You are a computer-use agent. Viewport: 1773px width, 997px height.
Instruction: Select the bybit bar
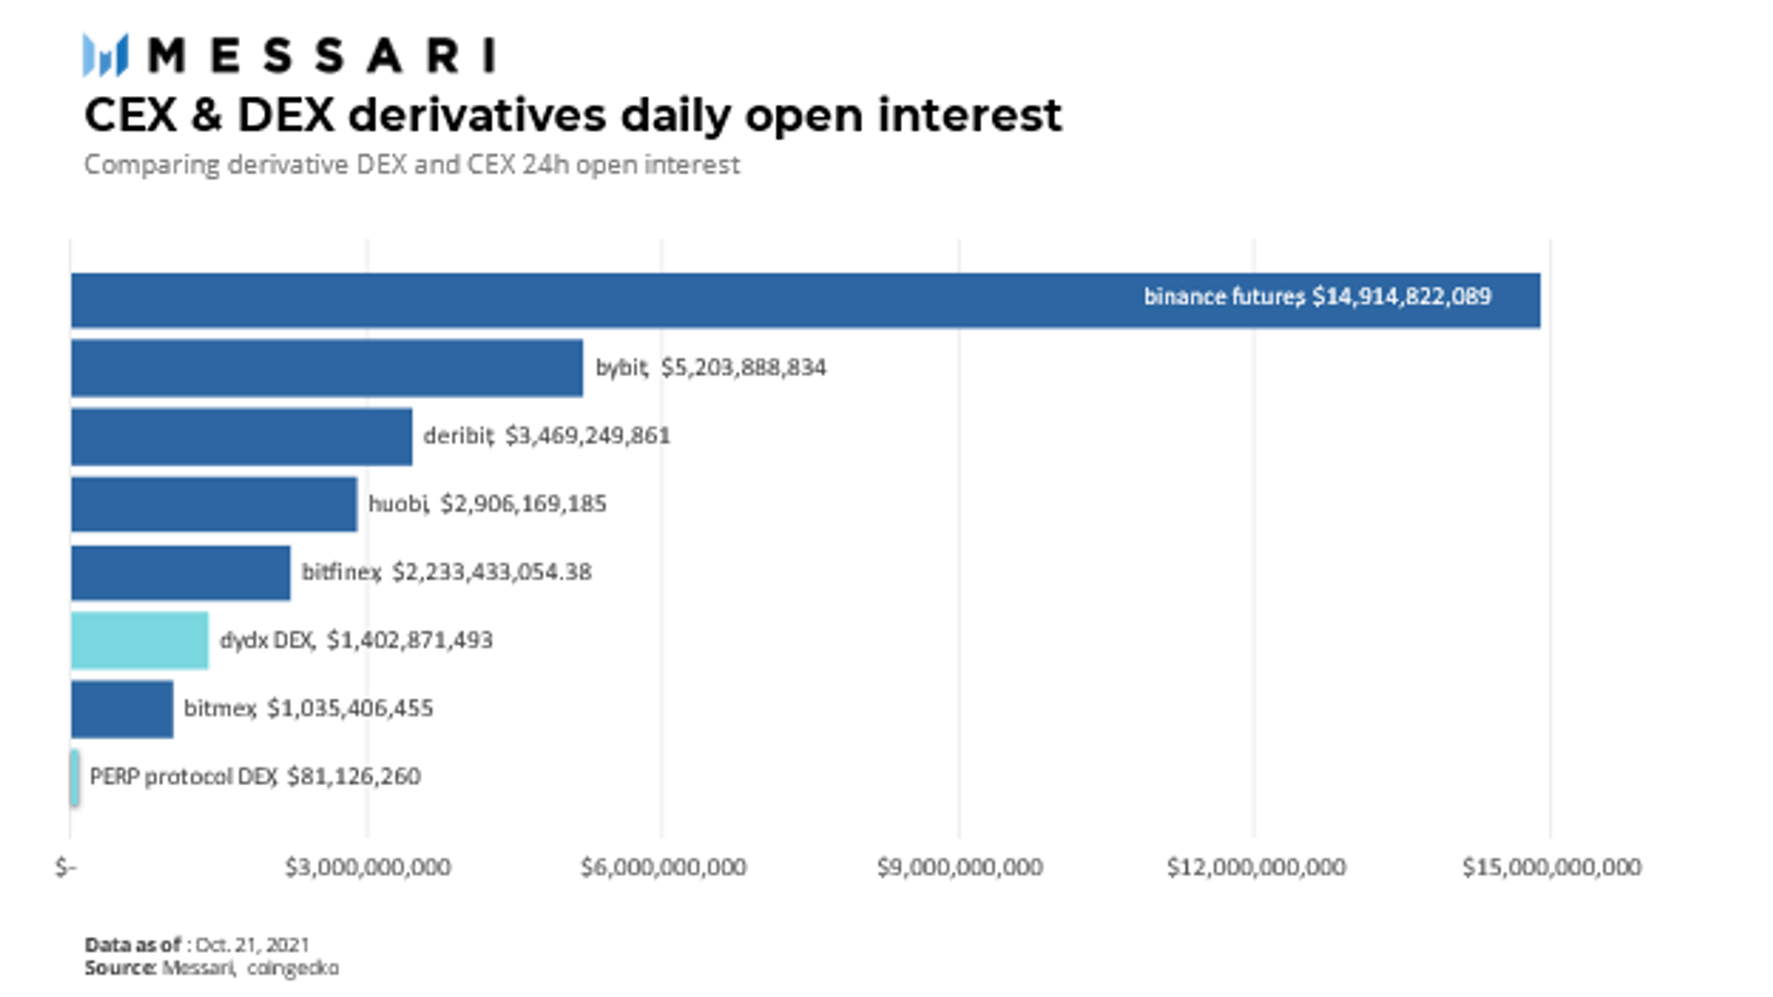tap(327, 367)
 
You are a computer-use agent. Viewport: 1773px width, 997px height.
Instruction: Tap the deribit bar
tap(242, 436)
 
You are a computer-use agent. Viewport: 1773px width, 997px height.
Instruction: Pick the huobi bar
tap(214, 504)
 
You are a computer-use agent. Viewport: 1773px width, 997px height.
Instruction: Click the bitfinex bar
tap(180, 573)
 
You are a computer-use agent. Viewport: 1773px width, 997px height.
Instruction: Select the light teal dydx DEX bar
tap(140, 640)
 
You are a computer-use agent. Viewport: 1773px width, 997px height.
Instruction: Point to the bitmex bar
tap(123, 709)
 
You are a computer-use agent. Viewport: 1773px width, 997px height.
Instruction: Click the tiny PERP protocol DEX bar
tap(75, 777)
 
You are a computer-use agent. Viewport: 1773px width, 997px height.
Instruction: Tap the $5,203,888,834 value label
tap(743, 367)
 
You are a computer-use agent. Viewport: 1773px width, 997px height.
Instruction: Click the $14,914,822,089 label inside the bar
tap(1401, 296)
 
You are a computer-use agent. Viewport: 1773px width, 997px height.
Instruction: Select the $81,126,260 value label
tap(353, 776)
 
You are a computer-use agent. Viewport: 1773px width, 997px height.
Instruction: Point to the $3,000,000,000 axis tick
tap(368, 867)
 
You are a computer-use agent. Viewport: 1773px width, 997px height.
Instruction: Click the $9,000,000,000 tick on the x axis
tap(959, 867)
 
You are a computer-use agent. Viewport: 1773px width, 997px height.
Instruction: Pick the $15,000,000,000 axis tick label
tap(1551, 867)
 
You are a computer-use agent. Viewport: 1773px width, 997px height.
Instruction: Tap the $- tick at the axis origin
tap(66, 867)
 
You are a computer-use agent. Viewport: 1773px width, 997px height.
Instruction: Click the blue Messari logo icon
tap(106, 55)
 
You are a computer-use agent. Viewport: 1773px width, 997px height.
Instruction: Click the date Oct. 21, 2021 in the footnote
tap(252, 945)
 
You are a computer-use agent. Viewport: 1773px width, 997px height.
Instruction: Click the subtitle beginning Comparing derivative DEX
tap(411, 165)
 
